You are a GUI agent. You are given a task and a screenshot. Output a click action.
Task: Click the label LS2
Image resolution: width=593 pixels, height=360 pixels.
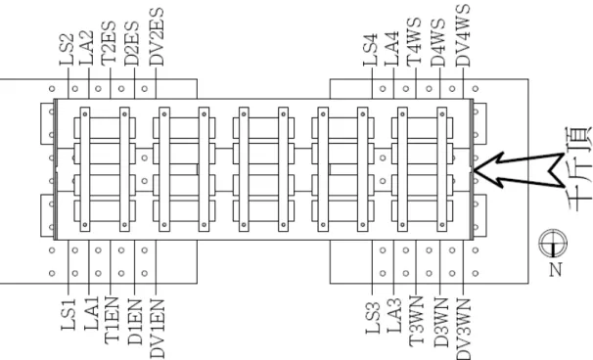pos(67,50)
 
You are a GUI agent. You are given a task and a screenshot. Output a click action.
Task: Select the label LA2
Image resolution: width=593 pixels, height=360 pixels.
pos(87,48)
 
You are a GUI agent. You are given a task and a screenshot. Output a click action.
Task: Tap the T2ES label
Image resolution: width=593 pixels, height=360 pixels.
pos(109,43)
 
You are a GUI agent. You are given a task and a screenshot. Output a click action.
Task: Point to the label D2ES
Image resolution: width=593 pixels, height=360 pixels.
pos(131,43)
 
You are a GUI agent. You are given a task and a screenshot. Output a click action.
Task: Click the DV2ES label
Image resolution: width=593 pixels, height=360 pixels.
pos(157,37)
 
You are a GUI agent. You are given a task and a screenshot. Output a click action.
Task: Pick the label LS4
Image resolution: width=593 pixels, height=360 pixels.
pos(371,50)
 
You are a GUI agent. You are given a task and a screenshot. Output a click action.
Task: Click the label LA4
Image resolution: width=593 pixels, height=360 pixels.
pos(391,49)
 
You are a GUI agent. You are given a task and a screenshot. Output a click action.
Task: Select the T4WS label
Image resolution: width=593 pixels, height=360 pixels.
pos(414,42)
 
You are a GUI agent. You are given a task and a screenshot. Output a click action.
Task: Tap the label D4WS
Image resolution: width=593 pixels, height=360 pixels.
pos(438,42)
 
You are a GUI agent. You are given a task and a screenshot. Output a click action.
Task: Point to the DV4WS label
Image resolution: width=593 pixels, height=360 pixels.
pos(463,36)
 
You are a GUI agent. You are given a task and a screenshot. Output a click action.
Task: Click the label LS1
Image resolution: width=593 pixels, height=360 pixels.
pos(68,314)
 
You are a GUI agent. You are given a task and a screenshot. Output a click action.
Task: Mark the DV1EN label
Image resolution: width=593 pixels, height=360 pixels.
pos(158,329)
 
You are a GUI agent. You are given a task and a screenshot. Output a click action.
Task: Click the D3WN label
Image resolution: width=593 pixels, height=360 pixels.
pos(440,323)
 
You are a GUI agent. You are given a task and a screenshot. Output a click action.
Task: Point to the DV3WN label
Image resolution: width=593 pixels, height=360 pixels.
pos(463,329)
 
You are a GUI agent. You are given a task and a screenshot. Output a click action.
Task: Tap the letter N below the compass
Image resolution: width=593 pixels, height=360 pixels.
pos(555,269)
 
